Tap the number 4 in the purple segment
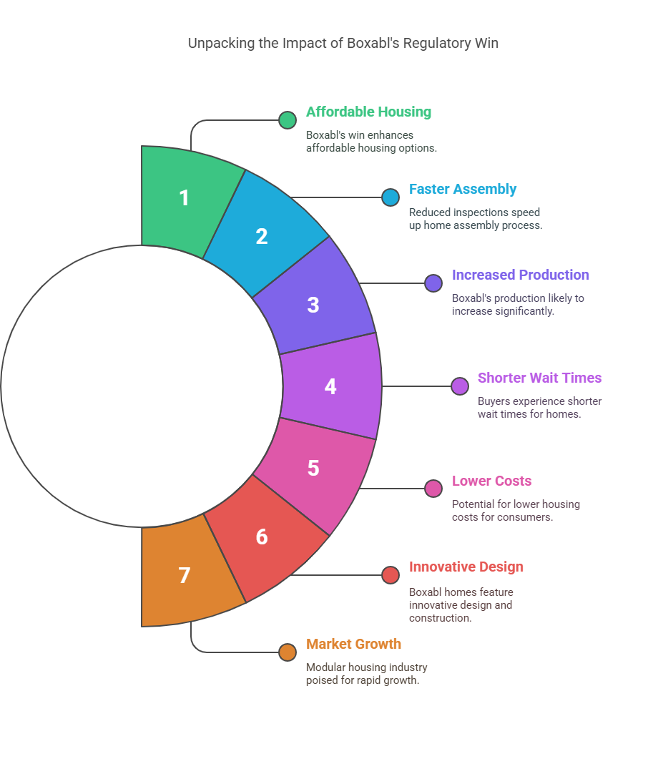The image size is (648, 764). tap(330, 386)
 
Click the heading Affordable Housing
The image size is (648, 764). tap(368, 112)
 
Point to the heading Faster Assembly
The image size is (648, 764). tap(462, 189)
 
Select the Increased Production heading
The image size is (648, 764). tap(520, 275)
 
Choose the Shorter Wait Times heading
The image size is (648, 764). tap(539, 378)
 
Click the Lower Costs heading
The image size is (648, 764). tap(491, 481)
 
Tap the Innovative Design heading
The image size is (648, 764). tap(466, 567)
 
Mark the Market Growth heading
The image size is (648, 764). tap(353, 644)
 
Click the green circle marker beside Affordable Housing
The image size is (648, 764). tap(288, 120)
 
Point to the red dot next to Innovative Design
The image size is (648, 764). tap(391, 575)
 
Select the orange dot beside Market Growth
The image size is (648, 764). tap(288, 652)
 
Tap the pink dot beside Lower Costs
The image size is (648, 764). tap(433, 489)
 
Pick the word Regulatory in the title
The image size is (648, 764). tap(437, 43)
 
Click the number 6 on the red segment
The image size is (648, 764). tap(262, 537)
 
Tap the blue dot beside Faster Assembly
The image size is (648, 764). tap(391, 197)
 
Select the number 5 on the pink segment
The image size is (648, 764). tap(313, 468)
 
